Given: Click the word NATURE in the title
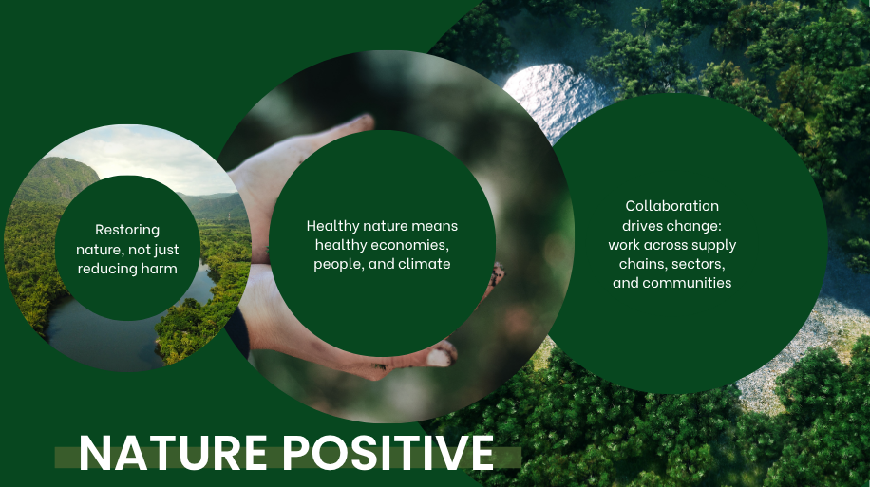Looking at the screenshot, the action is tap(173, 453).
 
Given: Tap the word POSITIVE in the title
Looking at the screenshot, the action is tap(388, 453).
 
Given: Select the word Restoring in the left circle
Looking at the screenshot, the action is tap(127, 230).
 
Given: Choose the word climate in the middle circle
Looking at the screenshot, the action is tap(425, 264).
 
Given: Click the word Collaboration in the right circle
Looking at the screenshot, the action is tap(671, 206).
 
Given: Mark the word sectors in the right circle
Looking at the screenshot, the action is tap(699, 264).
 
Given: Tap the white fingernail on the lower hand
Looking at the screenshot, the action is tap(440, 357).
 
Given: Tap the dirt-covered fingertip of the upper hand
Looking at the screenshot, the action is tap(364, 121).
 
